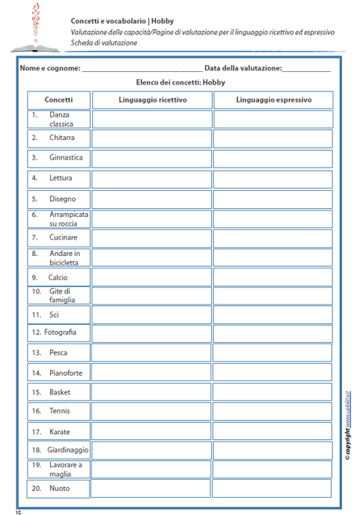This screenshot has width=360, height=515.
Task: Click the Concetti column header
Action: pos(59,100)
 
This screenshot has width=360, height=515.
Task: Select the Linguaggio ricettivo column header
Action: pos(153,100)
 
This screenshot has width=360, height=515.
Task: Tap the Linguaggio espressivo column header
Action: pos(273,100)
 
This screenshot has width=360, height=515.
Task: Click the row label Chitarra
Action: pos(62,139)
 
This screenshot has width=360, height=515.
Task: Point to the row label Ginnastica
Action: pos(66,158)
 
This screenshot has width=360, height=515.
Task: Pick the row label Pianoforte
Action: pos(66,373)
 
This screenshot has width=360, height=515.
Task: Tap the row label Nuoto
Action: pos(59,489)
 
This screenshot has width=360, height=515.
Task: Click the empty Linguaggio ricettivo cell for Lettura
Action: pos(153,178)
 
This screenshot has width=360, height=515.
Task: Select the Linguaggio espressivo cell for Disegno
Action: pos(273,199)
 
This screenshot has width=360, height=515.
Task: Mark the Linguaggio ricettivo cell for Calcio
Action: pos(153,277)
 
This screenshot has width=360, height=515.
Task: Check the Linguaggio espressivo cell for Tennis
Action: pos(273,411)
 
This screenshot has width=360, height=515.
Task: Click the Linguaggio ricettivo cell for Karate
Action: pos(153,431)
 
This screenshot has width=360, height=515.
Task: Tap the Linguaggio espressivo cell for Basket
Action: pos(273,392)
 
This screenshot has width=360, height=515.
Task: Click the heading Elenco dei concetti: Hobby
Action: pos(180,82)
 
